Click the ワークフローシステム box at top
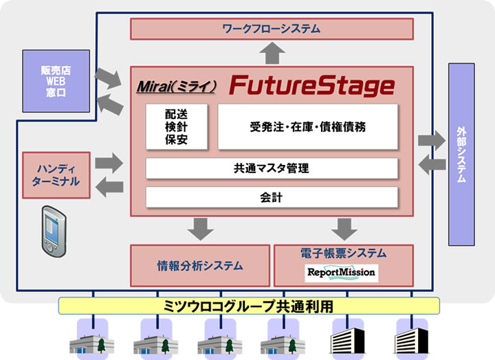click(x=272, y=29)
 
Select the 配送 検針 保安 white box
click(x=176, y=127)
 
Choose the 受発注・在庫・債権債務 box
click(x=307, y=127)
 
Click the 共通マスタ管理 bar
click(x=272, y=168)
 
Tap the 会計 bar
click(x=272, y=197)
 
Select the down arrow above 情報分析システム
click(x=200, y=227)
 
